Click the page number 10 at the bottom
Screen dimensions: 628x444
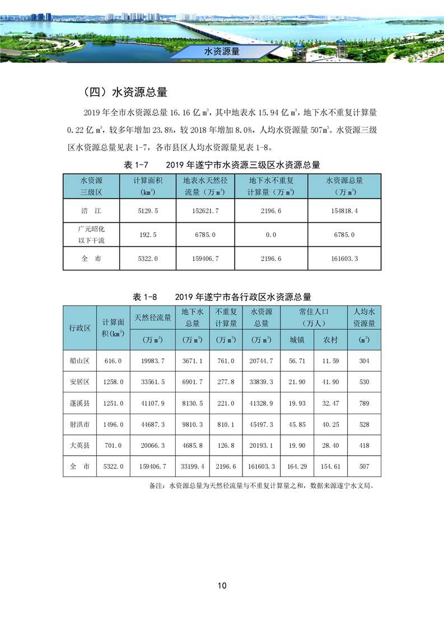[222, 585]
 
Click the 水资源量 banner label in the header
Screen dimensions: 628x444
[222, 51]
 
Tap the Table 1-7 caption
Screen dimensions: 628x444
[222, 165]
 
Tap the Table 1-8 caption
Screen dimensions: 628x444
[222, 297]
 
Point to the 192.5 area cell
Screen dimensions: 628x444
[148, 235]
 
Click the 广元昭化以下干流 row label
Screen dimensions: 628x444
[91, 235]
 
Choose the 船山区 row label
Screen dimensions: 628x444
[80, 361]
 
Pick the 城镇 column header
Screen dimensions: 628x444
[297, 340]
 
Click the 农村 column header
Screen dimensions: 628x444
[330, 340]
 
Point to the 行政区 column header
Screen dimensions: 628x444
[80, 328]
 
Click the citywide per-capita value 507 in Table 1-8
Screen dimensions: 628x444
[364, 466]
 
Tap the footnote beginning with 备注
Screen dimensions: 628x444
[261, 486]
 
